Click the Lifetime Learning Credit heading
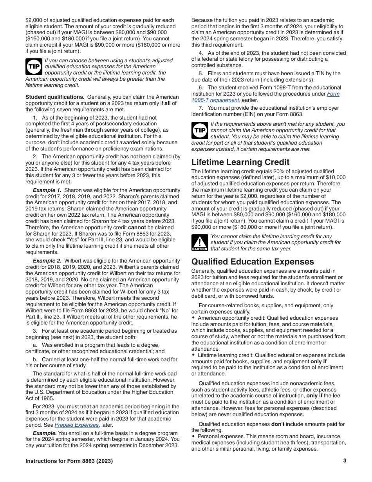240,162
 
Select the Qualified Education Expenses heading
253,262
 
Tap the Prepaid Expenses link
76,425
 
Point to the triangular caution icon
199,243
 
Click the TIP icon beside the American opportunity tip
34,67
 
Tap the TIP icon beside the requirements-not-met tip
200,130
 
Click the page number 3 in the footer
345,461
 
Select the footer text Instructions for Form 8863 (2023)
69,461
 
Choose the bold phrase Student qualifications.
55,97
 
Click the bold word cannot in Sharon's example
137,227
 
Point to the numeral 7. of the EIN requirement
200,108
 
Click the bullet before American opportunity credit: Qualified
193,318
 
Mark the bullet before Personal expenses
193,436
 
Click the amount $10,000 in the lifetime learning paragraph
336,178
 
